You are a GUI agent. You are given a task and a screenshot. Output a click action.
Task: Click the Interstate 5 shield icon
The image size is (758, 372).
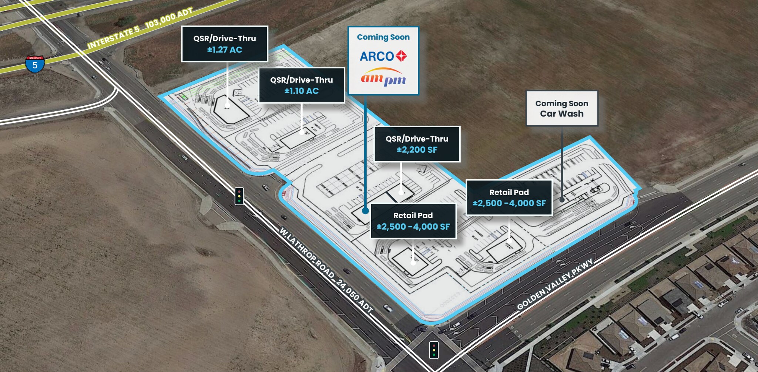(x=35, y=64)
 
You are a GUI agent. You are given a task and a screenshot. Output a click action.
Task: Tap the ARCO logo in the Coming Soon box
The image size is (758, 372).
(x=383, y=56)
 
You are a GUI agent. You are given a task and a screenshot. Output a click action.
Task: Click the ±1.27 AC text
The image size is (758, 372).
(x=225, y=50)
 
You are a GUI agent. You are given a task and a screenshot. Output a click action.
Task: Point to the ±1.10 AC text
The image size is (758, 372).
(x=302, y=91)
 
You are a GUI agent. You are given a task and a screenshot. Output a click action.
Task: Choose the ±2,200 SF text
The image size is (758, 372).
(x=417, y=150)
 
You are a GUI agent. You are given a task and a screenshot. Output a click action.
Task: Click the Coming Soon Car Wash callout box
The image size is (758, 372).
(x=561, y=109)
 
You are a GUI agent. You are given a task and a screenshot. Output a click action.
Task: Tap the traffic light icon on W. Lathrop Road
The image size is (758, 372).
(x=239, y=196)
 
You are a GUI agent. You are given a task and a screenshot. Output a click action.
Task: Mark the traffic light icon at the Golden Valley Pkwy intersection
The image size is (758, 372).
(x=434, y=349)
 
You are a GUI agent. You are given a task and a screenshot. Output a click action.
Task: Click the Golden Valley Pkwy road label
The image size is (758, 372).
(x=555, y=284)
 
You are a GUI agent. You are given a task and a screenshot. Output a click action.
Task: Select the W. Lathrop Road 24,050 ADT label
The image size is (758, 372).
(x=326, y=270)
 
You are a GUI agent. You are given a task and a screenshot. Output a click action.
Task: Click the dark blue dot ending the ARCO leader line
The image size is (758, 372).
(x=365, y=211)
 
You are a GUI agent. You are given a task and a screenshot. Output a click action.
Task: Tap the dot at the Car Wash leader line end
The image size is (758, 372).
(x=562, y=199)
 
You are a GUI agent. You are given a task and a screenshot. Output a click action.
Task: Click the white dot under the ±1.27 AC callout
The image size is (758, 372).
(x=227, y=105)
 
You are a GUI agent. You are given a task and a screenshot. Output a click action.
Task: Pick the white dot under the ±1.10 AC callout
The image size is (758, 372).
(x=302, y=132)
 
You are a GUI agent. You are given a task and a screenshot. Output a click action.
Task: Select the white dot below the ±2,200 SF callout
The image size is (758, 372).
(x=401, y=192)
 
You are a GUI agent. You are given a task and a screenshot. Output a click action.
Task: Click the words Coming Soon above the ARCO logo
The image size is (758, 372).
(x=383, y=37)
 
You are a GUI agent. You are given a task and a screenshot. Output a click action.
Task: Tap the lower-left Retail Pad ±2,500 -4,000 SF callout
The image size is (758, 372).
(x=413, y=221)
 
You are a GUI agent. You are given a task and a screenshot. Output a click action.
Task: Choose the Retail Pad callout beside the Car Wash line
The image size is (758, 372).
(x=509, y=198)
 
